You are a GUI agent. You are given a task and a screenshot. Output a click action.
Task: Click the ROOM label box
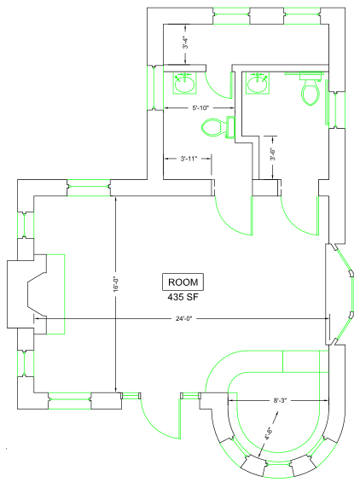183,282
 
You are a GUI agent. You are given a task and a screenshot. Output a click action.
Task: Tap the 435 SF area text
183,297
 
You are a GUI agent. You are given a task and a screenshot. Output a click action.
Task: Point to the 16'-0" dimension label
116,284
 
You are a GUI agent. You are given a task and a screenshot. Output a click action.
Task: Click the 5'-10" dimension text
200,108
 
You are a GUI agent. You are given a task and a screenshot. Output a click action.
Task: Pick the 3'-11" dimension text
189,159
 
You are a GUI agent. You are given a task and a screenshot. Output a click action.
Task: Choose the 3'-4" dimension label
185,43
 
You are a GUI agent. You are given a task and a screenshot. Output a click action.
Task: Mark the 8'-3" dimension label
278,400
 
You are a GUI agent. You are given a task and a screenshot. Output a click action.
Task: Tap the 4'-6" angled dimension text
269,433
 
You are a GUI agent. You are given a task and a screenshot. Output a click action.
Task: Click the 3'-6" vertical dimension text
273,154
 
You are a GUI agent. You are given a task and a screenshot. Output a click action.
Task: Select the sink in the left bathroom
185,83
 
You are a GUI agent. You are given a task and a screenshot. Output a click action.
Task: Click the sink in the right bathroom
258,83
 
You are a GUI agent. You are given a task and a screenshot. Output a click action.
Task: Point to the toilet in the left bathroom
218,127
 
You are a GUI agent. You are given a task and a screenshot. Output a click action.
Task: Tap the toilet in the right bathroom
311,88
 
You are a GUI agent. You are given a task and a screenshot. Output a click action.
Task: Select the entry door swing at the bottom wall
161,417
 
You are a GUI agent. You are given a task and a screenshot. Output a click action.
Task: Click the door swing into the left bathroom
234,215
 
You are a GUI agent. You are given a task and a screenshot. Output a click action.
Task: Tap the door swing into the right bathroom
299,215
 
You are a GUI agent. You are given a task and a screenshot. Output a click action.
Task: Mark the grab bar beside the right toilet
327,102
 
